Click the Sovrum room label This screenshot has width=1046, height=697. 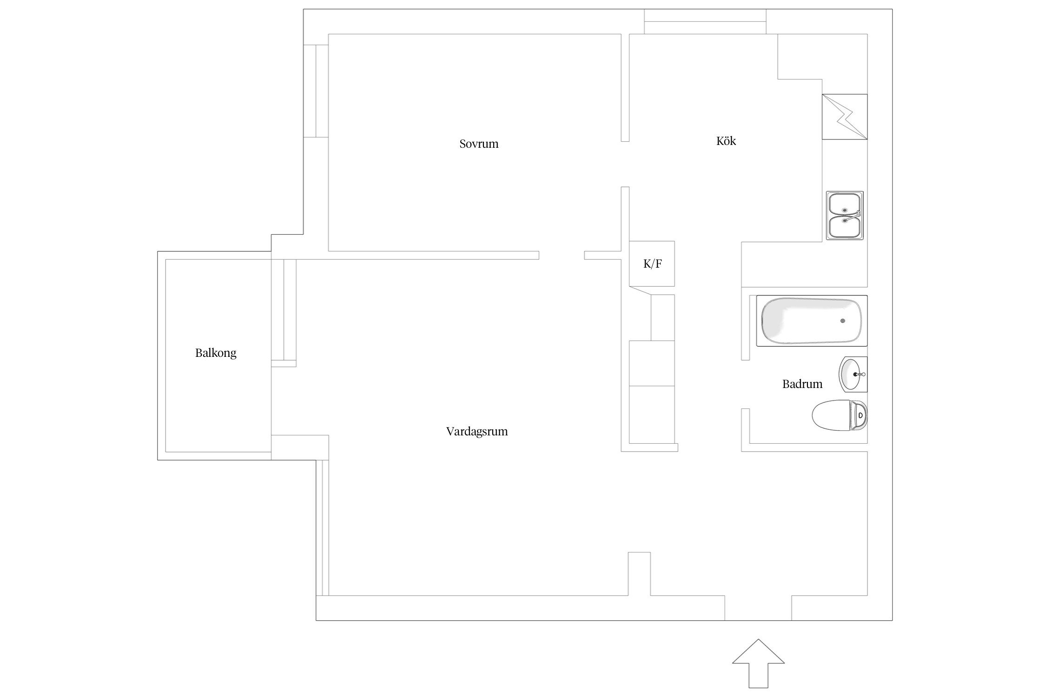(x=479, y=144)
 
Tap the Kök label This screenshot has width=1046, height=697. (x=726, y=141)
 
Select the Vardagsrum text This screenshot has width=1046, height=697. (x=477, y=432)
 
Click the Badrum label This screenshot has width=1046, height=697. (x=802, y=384)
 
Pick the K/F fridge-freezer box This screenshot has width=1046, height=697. (x=652, y=263)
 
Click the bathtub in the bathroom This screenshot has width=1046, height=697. (x=812, y=321)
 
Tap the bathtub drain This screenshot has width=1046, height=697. (x=842, y=321)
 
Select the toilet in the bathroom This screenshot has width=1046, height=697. (x=840, y=414)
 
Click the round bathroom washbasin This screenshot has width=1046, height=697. (x=854, y=374)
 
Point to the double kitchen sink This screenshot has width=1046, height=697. (x=845, y=215)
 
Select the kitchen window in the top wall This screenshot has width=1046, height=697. (x=705, y=21)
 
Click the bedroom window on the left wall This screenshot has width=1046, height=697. (x=316, y=91)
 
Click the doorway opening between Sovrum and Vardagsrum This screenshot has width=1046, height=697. (x=562, y=255)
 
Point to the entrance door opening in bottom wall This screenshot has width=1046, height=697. (x=758, y=608)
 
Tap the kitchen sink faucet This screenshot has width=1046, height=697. (x=856, y=215)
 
